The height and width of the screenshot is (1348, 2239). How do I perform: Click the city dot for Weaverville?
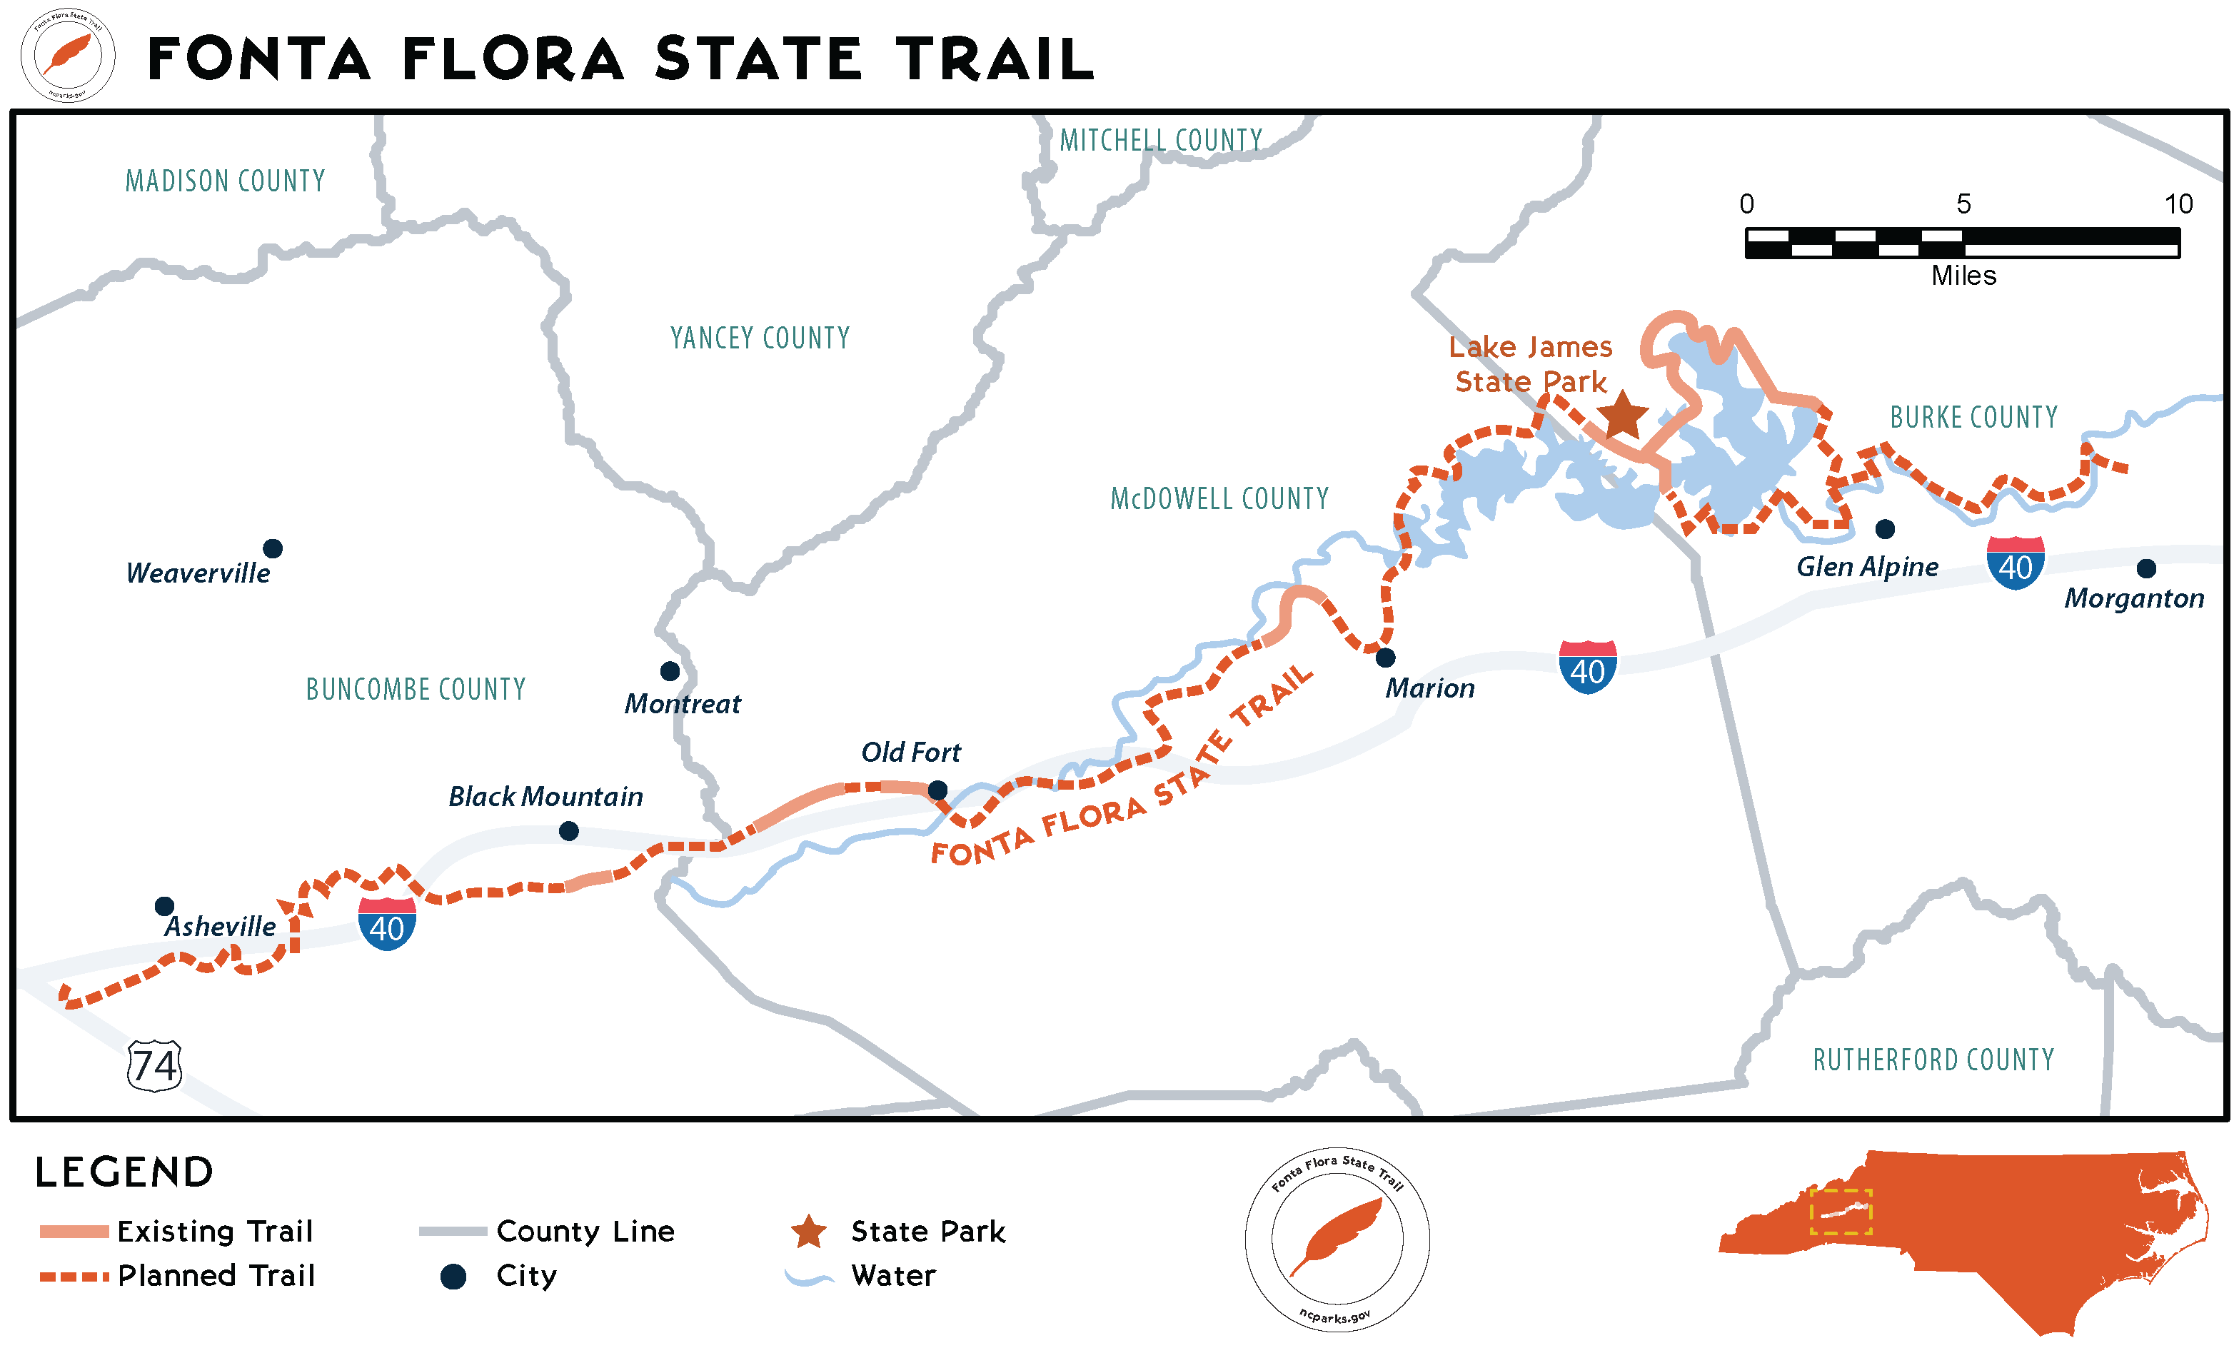(x=273, y=548)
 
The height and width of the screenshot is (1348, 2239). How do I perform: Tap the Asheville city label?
(x=219, y=927)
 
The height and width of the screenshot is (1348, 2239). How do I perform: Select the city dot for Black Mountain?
(x=568, y=830)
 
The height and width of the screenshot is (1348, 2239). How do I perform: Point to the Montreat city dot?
(x=670, y=670)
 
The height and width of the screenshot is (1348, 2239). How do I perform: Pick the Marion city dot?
(x=1384, y=657)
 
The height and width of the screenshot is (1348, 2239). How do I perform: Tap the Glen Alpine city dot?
(x=1884, y=528)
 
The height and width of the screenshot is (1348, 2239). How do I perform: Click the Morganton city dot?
(x=2145, y=568)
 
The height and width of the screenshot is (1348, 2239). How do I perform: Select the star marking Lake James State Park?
(x=1621, y=416)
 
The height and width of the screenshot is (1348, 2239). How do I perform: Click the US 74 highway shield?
(x=154, y=1065)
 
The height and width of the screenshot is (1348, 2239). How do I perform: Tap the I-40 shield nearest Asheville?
(x=387, y=923)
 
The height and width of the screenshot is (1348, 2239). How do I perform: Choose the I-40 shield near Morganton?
(x=2015, y=563)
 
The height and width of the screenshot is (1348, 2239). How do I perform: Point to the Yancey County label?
(x=760, y=338)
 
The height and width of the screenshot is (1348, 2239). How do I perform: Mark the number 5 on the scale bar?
(x=1963, y=203)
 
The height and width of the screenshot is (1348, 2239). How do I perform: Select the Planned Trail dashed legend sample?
(x=74, y=1275)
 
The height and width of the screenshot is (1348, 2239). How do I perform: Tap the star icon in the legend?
(x=807, y=1232)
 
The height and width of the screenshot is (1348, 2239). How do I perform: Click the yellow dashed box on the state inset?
(x=1840, y=1211)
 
